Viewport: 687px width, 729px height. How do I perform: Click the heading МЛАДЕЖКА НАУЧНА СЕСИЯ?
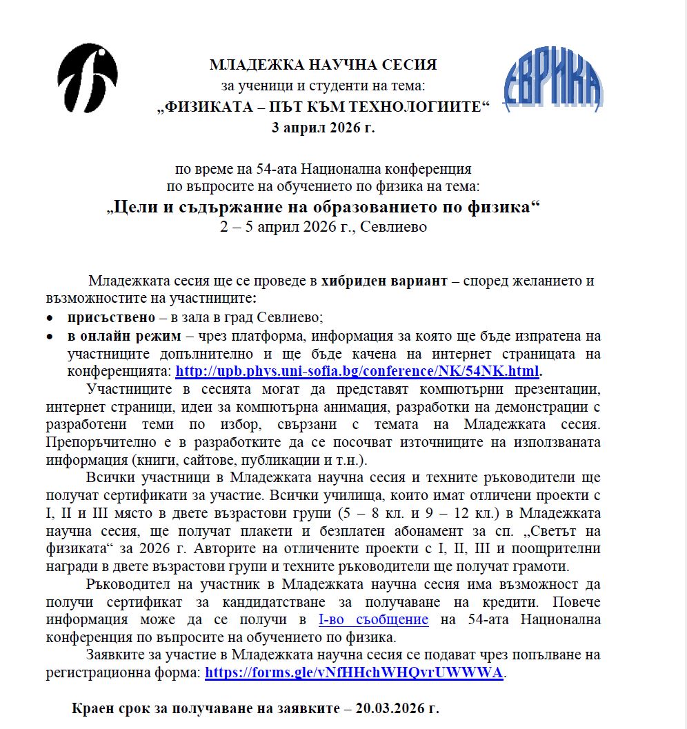pyautogui.click(x=323, y=65)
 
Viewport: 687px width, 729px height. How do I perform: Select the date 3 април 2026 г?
pyautogui.click(x=323, y=128)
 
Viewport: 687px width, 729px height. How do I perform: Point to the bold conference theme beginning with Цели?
pyautogui.click(x=323, y=208)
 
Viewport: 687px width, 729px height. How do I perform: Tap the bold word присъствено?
pyautogui.click(x=106, y=318)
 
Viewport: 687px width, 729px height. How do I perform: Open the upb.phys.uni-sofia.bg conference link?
pyautogui.click(x=357, y=372)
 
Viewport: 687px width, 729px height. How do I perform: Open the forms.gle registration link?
pyautogui.click(x=354, y=673)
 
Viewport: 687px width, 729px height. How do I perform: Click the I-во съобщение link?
pyautogui.click(x=373, y=620)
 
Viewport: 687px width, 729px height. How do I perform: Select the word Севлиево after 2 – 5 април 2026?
pyautogui.click(x=397, y=227)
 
